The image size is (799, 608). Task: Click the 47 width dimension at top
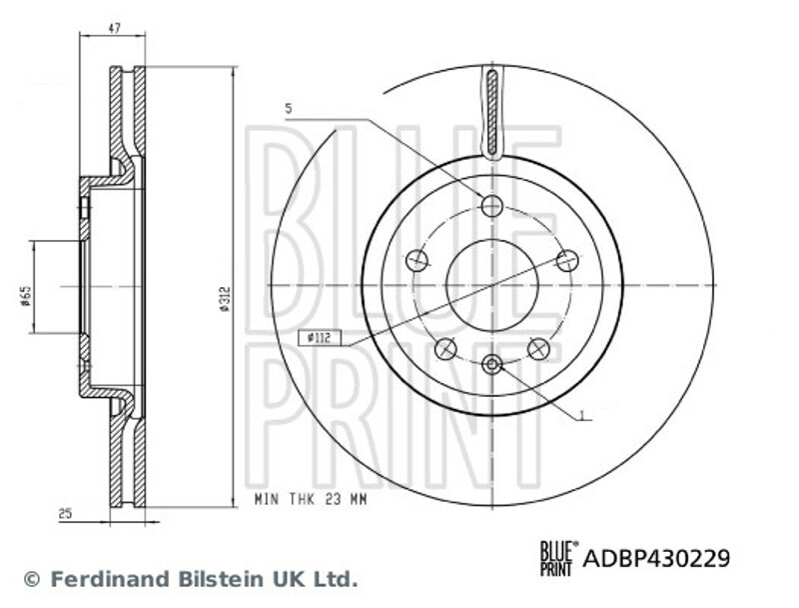(x=114, y=29)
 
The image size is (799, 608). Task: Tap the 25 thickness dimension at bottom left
(x=65, y=514)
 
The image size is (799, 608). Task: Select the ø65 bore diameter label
(x=26, y=296)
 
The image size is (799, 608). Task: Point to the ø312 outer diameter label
(x=225, y=299)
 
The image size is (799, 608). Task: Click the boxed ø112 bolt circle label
(x=320, y=338)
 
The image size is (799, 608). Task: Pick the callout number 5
(x=289, y=109)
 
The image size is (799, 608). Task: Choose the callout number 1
(x=582, y=415)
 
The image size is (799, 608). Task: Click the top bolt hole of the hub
(x=492, y=206)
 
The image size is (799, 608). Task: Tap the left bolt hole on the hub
(x=416, y=261)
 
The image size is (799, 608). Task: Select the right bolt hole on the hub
(x=567, y=261)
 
